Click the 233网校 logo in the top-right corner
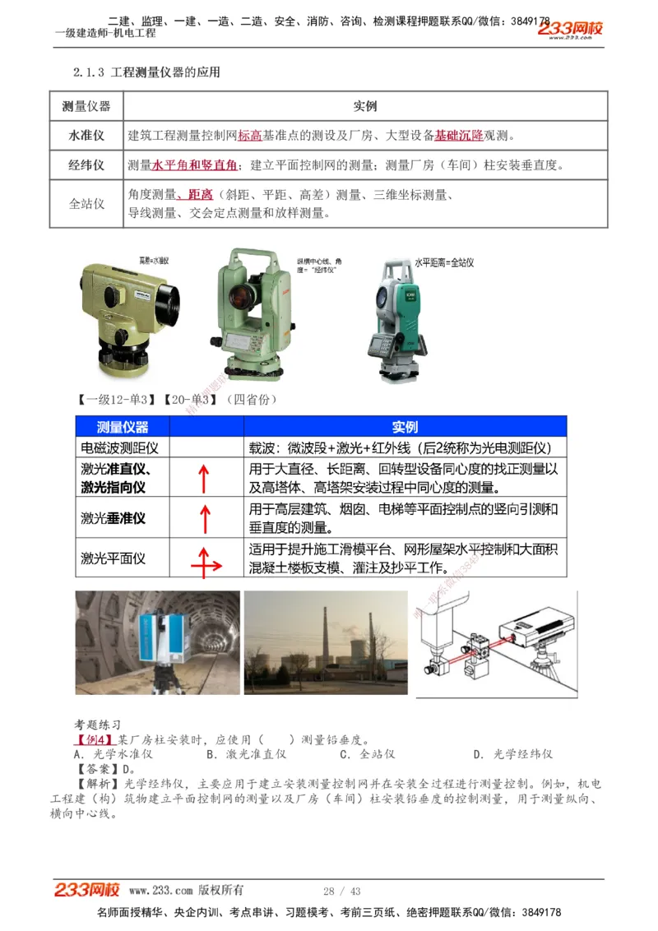coord(570,30)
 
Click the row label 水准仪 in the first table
coord(86,135)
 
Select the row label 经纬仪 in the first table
coord(86,165)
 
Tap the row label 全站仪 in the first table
coord(86,203)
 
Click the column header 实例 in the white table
coord(365,106)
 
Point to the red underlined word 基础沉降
coord(459,135)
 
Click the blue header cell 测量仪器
coord(123,427)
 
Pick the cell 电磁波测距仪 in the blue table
coord(119,447)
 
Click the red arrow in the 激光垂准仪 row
coord(205,519)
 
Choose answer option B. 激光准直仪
coord(246,754)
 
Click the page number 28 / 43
coord(341,892)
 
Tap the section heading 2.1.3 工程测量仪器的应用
coord(147,72)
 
